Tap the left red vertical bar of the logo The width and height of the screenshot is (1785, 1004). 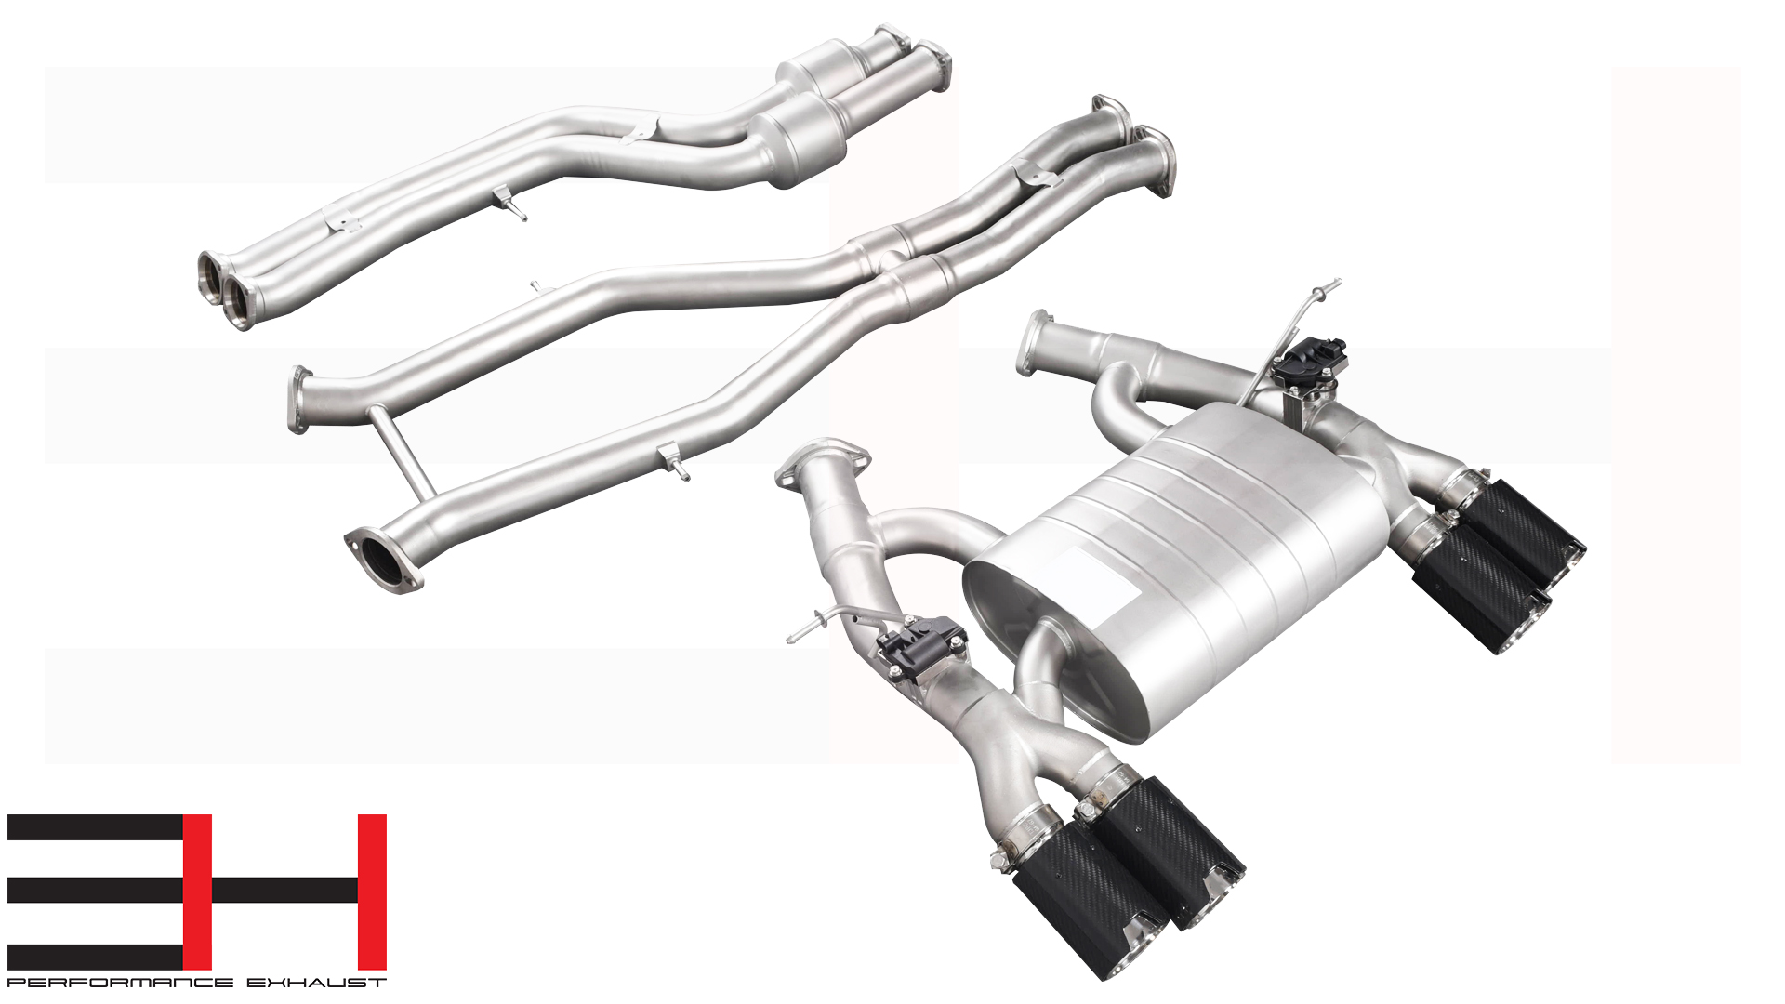pyautogui.click(x=197, y=892)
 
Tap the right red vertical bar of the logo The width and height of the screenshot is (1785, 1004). pyautogui.click(x=372, y=892)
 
